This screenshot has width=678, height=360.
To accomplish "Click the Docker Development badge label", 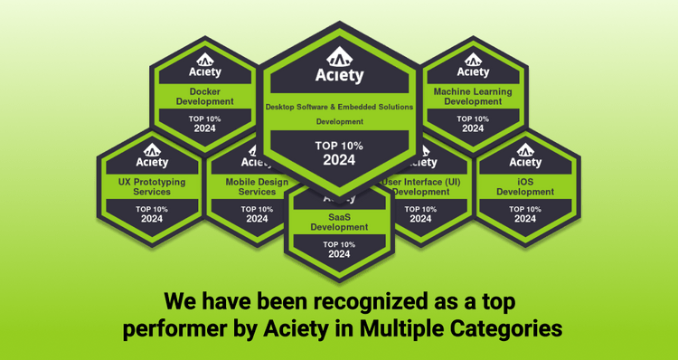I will [204, 96].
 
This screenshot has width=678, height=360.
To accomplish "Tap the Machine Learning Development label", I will [473, 96].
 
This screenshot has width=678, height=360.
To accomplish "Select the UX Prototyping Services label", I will [151, 186].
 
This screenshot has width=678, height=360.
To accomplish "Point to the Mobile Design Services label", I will [257, 186].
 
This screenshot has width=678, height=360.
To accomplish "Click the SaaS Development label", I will [339, 222].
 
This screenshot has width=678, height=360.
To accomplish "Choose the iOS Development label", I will [525, 187].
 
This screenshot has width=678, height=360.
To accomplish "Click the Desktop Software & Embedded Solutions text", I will [339, 107].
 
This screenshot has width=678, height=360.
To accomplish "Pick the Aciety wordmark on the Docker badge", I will [204, 71].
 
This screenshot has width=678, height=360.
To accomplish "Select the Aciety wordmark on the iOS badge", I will [525, 163].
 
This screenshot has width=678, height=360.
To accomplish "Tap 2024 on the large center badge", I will [339, 160].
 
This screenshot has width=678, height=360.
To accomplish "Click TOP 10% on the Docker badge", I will [204, 118].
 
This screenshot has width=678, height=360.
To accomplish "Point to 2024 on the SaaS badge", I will [339, 254].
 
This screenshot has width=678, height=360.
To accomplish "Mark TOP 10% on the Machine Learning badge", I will [473, 118].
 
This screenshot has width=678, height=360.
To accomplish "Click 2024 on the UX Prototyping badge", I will [151, 219].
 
